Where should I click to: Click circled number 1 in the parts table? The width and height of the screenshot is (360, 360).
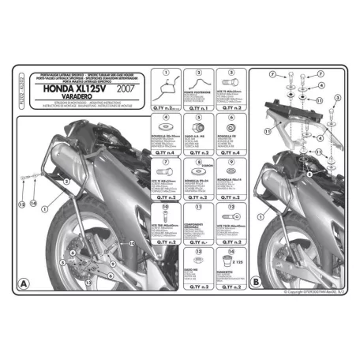(166, 74)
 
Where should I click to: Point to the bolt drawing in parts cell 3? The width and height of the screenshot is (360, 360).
(231, 84)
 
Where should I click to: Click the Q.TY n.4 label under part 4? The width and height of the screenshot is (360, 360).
(166, 150)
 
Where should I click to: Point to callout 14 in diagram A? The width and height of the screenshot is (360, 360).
(35, 203)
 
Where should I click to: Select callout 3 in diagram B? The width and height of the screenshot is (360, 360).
(338, 96)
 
